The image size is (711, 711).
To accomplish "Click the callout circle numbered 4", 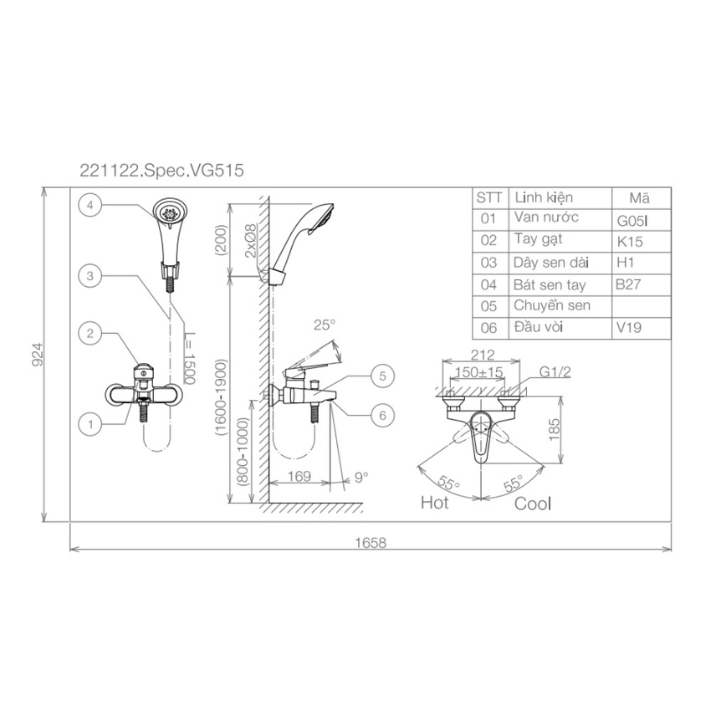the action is [90, 205].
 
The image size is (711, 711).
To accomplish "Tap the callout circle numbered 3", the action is [90, 276].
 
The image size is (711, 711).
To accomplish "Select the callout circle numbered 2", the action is [90, 333].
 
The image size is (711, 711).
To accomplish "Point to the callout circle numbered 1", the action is [90, 424].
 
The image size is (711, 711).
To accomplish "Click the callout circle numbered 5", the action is [383, 376].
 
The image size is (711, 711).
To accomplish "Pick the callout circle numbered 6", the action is [383, 416].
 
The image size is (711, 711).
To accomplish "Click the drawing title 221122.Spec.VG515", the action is [162, 171].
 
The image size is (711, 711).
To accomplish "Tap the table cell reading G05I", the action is [632, 220].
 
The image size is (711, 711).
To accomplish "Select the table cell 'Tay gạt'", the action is [538, 240].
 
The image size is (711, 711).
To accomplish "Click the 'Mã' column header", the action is [639, 197].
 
